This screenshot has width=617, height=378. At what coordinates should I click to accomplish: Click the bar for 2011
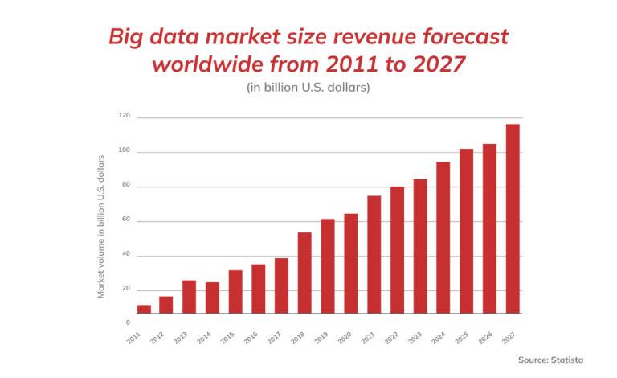(x=144, y=309)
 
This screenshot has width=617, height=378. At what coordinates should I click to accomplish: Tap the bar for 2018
(x=304, y=273)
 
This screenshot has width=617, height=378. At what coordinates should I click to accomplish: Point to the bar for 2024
(x=443, y=237)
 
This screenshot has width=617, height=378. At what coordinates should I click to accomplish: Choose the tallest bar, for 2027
(x=513, y=218)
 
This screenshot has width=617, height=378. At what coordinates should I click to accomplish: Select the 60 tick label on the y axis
(x=125, y=219)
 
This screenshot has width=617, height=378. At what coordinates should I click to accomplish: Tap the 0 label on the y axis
(x=127, y=323)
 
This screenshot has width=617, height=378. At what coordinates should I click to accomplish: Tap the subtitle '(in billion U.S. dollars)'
(x=308, y=88)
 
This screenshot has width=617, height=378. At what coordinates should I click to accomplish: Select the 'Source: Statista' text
(x=550, y=360)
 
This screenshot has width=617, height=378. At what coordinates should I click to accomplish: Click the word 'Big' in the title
(x=128, y=37)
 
